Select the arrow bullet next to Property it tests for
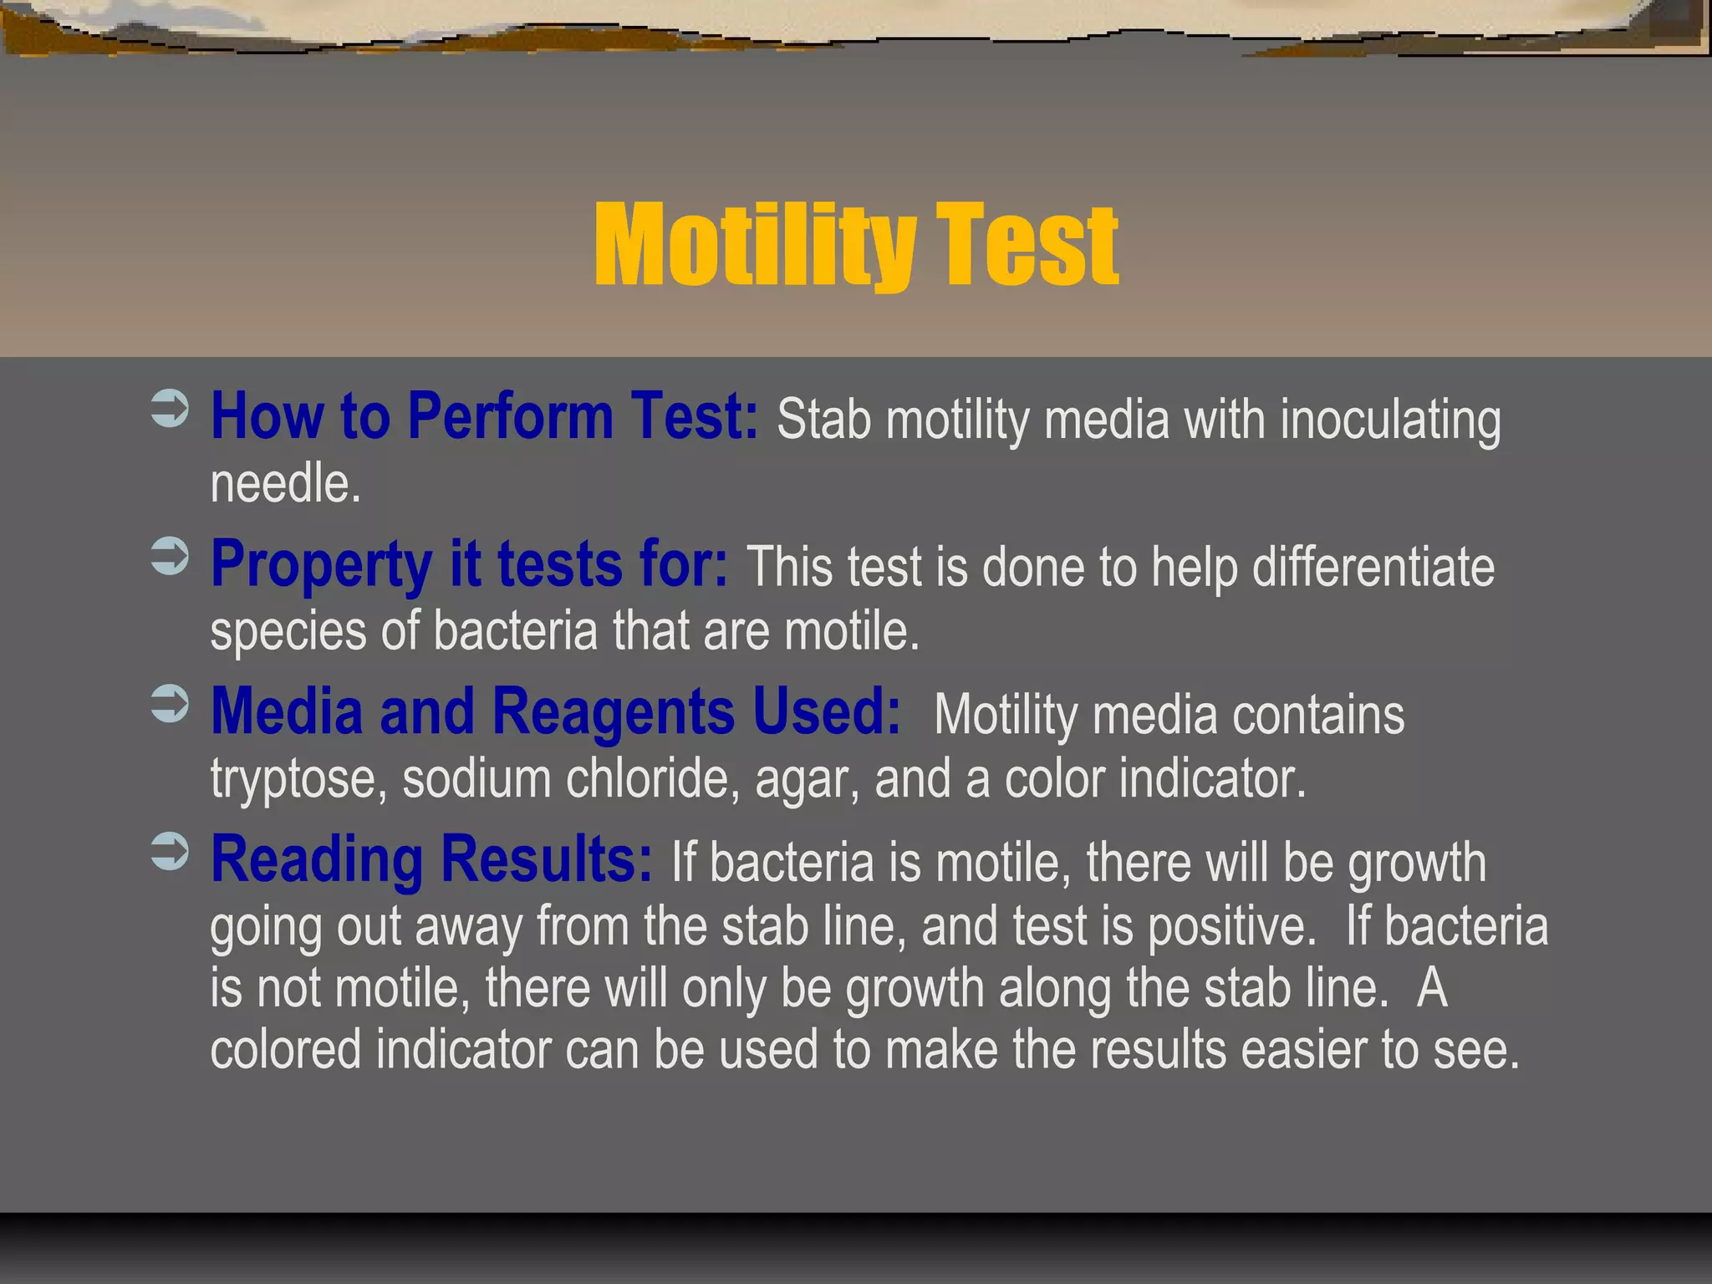tap(170, 557)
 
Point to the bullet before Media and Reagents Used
tap(170, 704)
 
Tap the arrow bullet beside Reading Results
tap(170, 852)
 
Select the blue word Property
tap(321, 565)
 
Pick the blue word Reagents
tap(614, 712)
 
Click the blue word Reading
tap(317, 861)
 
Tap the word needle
tap(285, 484)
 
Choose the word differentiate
tap(1373, 568)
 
